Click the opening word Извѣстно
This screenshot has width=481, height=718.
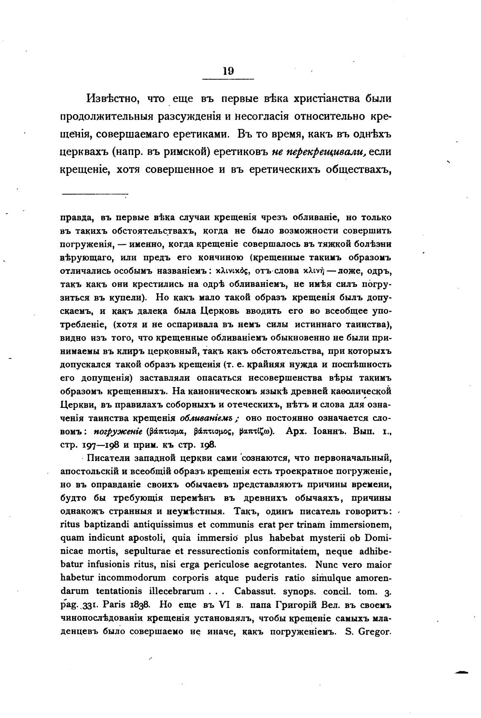click(112, 99)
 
